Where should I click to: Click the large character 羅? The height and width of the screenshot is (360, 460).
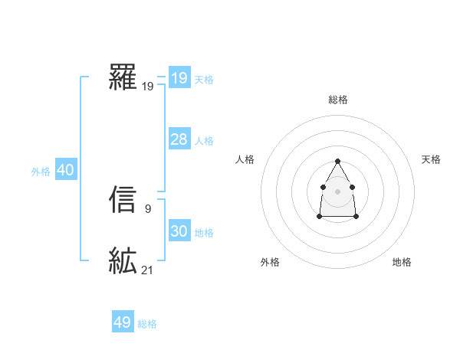(123, 78)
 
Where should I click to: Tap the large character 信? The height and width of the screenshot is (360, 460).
(123, 201)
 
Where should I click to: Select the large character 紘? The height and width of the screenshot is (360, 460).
(123, 262)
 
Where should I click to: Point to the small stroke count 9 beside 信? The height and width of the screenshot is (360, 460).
(147, 208)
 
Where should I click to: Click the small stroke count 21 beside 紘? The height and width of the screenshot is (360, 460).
(147, 270)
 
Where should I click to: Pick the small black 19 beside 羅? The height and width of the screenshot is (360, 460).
(147, 87)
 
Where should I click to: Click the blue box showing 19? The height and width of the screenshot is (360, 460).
(179, 77)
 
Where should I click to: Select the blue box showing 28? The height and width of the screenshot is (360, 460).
(179, 139)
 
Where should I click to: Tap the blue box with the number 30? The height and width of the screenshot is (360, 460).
(179, 231)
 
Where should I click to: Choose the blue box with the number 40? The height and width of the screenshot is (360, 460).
(65, 170)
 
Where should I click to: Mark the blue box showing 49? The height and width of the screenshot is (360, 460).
(122, 322)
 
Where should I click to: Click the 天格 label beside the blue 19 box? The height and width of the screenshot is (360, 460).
(204, 79)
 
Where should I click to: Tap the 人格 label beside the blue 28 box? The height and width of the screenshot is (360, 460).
(204, 140)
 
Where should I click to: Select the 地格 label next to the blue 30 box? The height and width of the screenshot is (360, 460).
(204, 233)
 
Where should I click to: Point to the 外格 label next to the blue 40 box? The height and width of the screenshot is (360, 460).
(41, 172)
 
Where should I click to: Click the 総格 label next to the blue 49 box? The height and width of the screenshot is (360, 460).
(147, 324)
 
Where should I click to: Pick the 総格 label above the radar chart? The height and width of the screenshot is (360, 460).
(337, 100)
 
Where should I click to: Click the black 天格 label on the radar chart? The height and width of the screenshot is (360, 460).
(431, 159)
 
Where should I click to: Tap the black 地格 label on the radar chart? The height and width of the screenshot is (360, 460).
(402, 262)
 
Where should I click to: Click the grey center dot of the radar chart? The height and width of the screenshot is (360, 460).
(337, 190)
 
